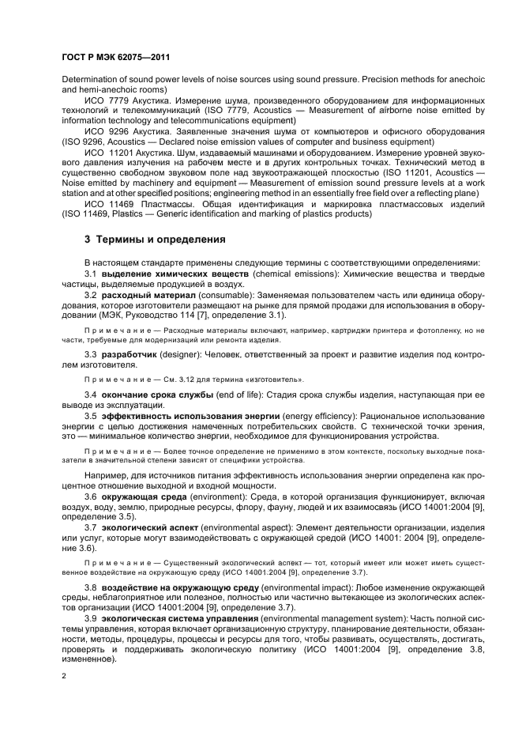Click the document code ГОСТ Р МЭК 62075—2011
click(115, 58)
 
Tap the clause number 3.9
click(91, 617)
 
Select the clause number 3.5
click(91, 415)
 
